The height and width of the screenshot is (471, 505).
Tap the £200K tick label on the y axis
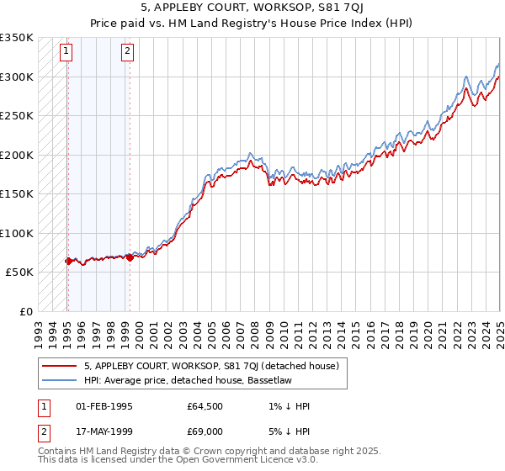(16, 155)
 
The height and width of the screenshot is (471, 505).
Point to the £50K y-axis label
(19, 273)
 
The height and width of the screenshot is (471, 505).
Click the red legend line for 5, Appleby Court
(58, 366)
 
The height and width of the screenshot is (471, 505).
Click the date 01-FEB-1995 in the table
(105, 406)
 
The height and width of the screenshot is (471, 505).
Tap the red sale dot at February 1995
(67, 261)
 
